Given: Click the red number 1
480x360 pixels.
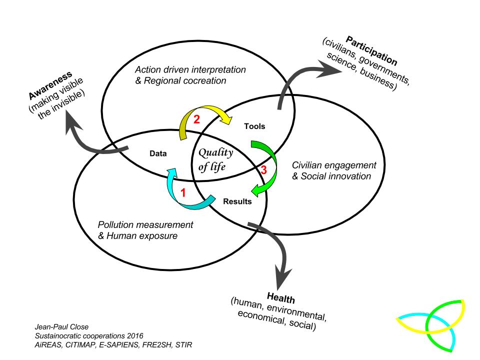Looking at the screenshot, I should pyautogui.click(x=183, y=192).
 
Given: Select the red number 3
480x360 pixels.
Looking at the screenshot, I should pyautogui.click(x=263, y=170).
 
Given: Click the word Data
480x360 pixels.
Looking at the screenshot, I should pyautogui.click(x=157, y=154).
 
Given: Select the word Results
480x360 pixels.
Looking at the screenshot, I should pyautogui.click(x=237, y=202).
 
